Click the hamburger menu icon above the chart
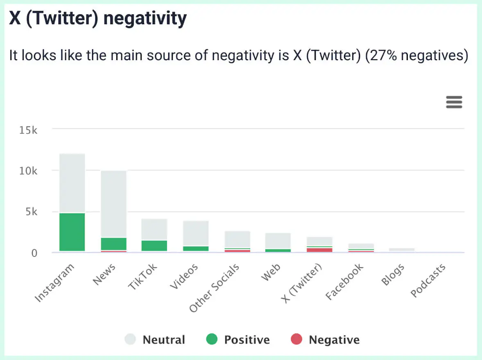(454, 102)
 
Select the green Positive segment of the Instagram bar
(72, 232)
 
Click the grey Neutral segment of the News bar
(114, 204)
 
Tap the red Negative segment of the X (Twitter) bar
(320, 250)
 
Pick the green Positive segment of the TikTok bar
(155, 245)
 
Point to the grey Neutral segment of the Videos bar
(196, 233)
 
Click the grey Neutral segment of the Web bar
(278, 241)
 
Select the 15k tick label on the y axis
(28, 130)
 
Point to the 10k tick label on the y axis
(28, 171)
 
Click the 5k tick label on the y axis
(30, 212)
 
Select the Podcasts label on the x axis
(428, 281)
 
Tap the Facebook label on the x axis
(344, 282)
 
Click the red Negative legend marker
(296, 339)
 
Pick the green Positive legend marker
(212, 339)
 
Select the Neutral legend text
(164, 340)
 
